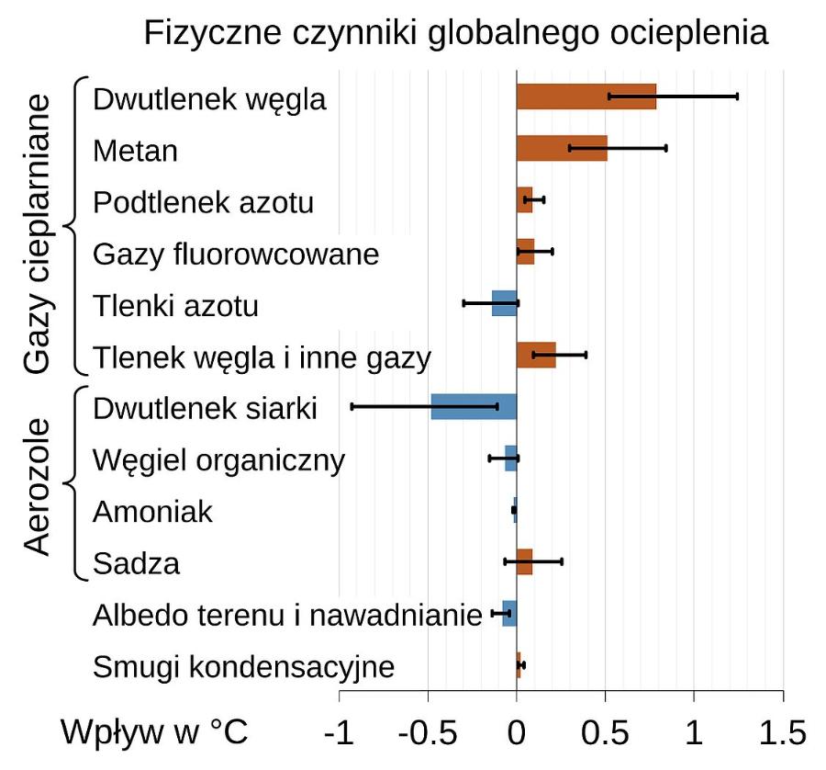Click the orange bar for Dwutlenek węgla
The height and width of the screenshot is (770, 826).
[586, 96]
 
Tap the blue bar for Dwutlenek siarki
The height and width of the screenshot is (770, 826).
[474, 406]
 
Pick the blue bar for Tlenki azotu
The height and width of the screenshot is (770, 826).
[505, 302]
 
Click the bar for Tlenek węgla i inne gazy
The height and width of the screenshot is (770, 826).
[536, 354]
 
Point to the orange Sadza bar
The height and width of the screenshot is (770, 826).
[525, 561]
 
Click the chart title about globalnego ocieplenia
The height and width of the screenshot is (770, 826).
[455, 34]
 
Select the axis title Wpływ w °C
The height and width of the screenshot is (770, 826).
[154, 732]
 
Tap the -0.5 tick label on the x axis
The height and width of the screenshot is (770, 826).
[428, 732]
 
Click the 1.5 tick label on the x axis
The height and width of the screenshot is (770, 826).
[782, 732]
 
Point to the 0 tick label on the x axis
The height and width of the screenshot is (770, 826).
[517, 732]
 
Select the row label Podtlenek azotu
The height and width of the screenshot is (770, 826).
[203, 202]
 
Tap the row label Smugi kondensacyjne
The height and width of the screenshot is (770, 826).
[243, 666]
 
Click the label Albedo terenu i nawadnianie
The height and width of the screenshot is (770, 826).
[287, 615]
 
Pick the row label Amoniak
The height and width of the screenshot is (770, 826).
[152, 511]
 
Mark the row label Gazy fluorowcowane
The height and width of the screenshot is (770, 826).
[236, 254]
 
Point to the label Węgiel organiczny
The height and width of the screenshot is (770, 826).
[219, 459]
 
